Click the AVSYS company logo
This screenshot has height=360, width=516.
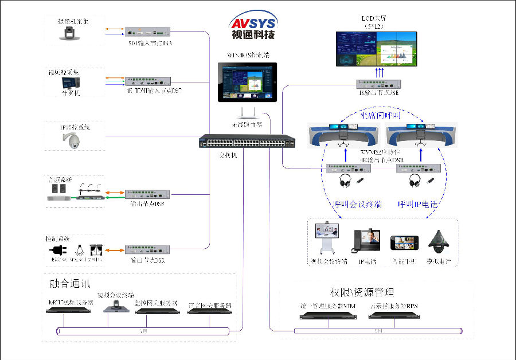(x=252, y=26)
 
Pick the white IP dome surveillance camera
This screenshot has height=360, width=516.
(x=75, y=139)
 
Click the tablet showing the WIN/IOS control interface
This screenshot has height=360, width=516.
(x=248, y=83)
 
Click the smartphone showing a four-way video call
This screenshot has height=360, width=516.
(x=402, y=242)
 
